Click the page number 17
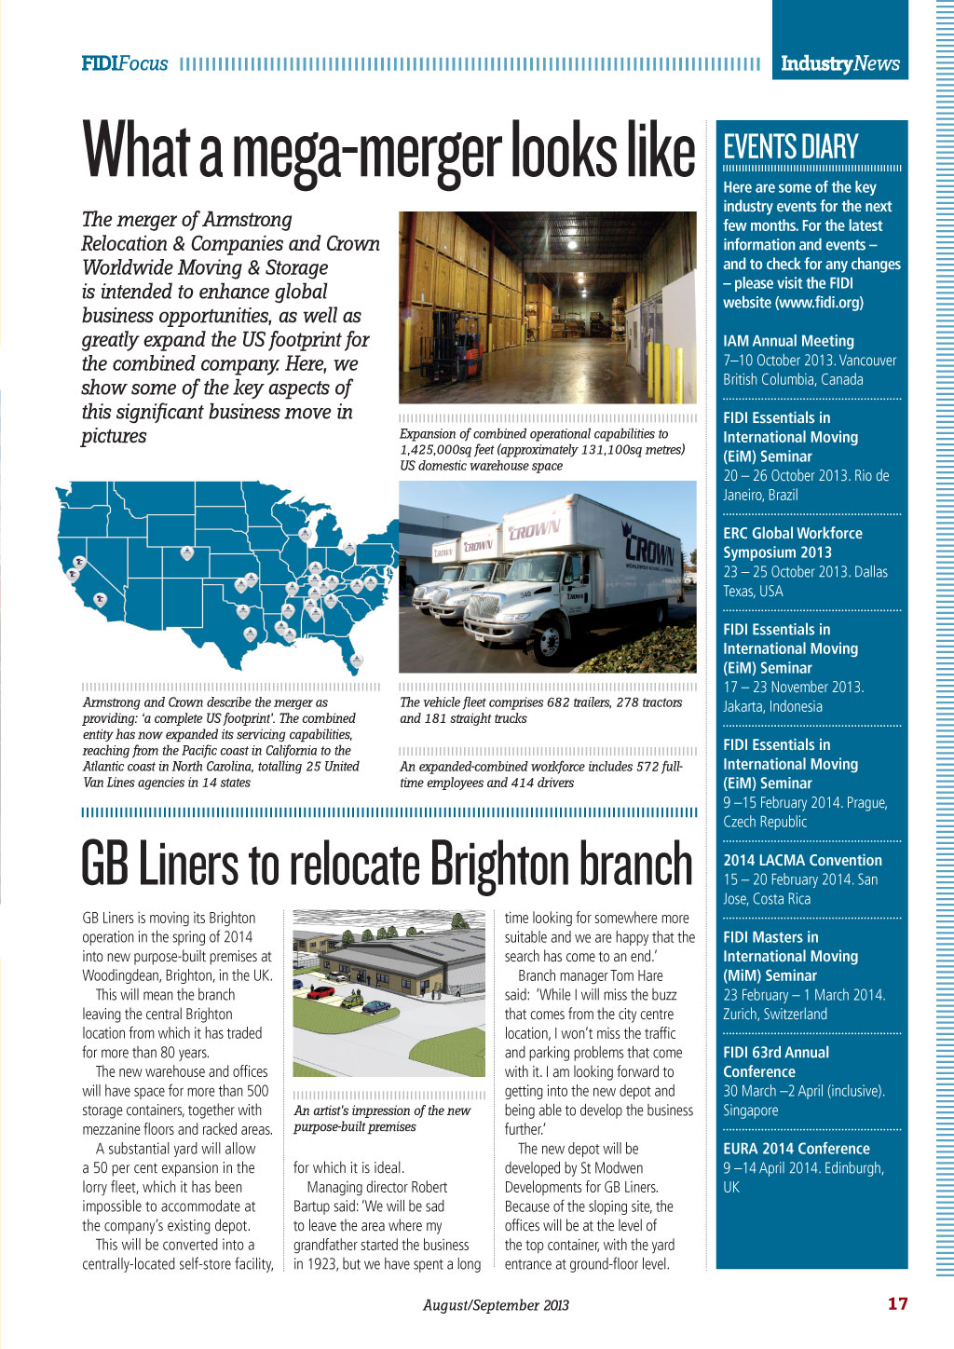(x=897, y=1303)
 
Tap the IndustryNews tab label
(x=839, y=63)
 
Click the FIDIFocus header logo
(x=125, y=63)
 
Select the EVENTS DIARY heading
(x=790, y=147)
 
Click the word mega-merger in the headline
(x=368, y=151)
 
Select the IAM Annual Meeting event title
(x=788, y=341)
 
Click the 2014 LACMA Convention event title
(x=802, y=860)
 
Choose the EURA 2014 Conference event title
(x=797, y=1149)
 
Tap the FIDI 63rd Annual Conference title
(x=776, y=1062)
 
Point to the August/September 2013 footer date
(x=496, y=1305)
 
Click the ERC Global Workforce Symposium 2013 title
(x=792, y=542)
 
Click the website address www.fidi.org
(x=819, y=303)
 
